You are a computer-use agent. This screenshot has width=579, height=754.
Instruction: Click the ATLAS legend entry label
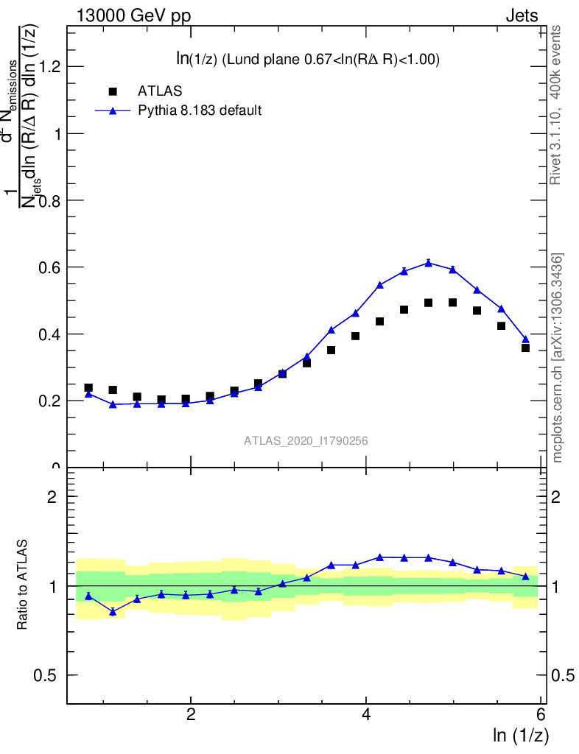click(x=160, y=91)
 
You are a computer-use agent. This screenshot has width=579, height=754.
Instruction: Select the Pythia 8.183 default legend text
click(x=200, y=110)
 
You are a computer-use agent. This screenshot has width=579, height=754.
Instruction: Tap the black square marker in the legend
click(x=113, y=91)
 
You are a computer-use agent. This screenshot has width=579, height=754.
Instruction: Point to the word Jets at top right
click(x=521, y=16)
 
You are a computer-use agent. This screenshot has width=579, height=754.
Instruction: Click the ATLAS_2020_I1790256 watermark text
click(x=306, y=441)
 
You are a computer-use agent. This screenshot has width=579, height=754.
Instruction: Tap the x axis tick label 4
click(x=366, y=715)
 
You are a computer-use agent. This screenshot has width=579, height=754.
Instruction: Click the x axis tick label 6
click(x=541, y=715)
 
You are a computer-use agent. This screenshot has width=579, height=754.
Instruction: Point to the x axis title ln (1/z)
click(x=521, y=735)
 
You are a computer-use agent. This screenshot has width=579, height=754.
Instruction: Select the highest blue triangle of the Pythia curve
click(x=429, y=263)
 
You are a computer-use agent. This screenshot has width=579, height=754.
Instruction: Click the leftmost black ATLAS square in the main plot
click(x=88, y=388)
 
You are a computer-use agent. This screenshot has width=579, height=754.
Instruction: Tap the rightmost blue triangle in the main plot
click(x=525, y=339)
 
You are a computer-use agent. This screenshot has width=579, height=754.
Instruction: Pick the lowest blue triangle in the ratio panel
click(x=113, y=612)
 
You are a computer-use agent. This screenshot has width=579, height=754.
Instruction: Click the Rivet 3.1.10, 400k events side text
click(x=556, y=105)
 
